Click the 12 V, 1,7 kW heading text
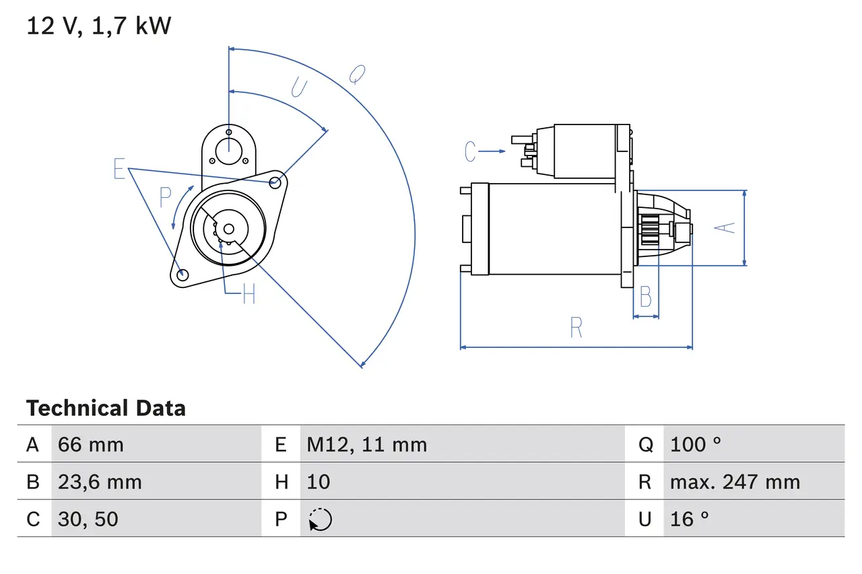pos(99,26)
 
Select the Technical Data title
pos(106,408)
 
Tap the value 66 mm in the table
pos(91,444)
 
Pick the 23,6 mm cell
pos(100,482)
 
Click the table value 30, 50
pos(88,519)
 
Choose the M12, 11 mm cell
pos(367,444)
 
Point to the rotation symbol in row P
pos(320,519)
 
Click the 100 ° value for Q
pos(696,444)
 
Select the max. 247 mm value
pos(735,482)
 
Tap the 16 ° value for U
pos(690,519)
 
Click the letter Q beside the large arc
pos(357,74)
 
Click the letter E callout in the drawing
pos(119,169)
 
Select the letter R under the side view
pos(576,328)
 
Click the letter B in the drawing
pos(645,296)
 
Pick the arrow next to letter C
pos(493,151)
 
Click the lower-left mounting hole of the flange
pos(181,275)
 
